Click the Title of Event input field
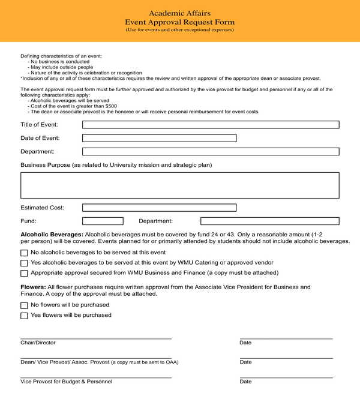point(210,125)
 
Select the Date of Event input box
point(159,138)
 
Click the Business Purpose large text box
point(179,185)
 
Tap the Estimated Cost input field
point(159,208)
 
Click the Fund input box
point(103,221)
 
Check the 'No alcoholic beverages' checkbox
point(24,254)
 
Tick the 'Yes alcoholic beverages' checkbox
point(24,263)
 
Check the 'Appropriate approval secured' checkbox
point(24,273)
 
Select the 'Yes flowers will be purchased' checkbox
point(24,316)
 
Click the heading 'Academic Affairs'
point(179,13)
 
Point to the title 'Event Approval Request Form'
point(179,22)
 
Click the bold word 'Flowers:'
point(33,287)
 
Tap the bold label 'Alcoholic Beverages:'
point(52,234)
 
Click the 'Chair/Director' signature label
point(38,343)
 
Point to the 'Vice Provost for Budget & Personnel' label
point(66,382)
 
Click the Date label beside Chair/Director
point(245,343)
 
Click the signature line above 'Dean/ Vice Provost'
point(96,358)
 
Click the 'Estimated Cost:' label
point(42,208)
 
